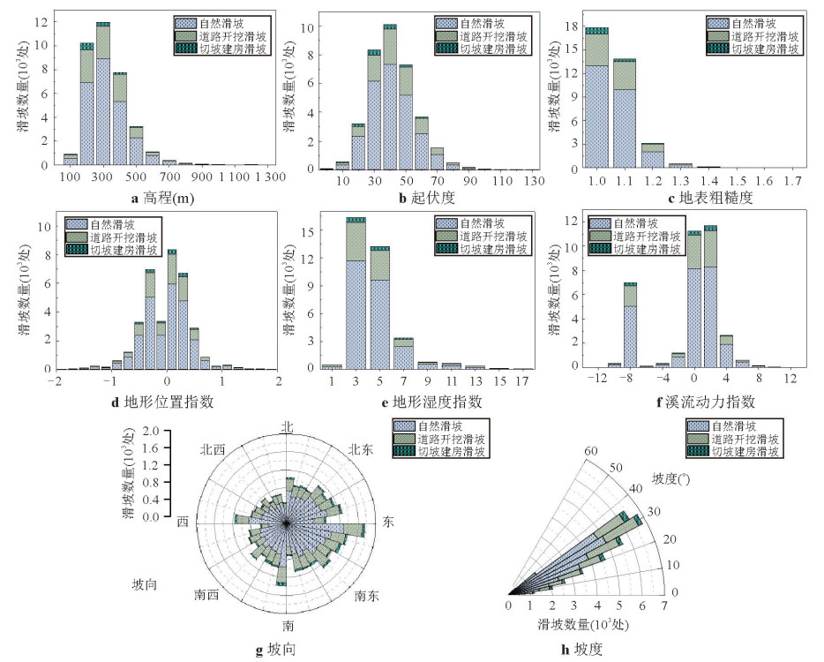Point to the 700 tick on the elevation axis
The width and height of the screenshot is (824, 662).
click(x=169, y=177)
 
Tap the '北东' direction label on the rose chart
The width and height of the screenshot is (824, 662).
click(x=360, y=449)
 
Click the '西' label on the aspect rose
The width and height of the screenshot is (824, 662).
click(x=183, y=520)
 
